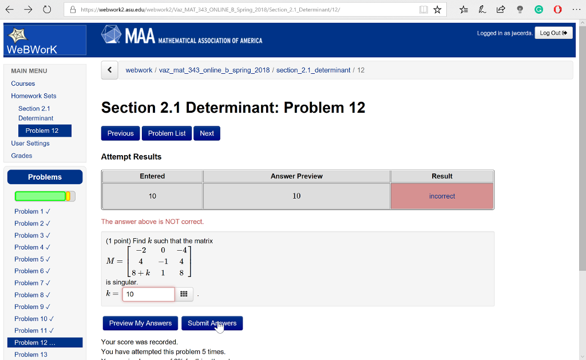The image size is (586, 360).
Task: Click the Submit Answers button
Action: coord(212,323)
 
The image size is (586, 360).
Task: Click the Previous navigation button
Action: coord(120,133)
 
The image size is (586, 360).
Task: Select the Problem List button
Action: coord(167,133)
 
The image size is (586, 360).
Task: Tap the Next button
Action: coord(207,133)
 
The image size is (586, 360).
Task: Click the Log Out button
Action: coord(553,33)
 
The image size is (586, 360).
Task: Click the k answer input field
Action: coord(148,294)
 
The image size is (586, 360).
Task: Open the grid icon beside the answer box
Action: coord(184,294)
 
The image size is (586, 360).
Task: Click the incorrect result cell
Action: coord(442,196)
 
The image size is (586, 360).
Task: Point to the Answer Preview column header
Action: coord(296,176)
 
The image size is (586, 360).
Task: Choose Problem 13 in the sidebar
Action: coord(31,354)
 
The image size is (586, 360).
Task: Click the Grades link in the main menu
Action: coord(22,156)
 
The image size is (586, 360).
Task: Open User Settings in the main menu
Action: coord(30,143)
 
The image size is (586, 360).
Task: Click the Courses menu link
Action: coord(23,84)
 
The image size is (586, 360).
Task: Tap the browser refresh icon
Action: coord(47,10)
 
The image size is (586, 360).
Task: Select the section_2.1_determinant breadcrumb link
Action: coord(313,70)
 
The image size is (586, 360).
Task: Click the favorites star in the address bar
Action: coord(438,10)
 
